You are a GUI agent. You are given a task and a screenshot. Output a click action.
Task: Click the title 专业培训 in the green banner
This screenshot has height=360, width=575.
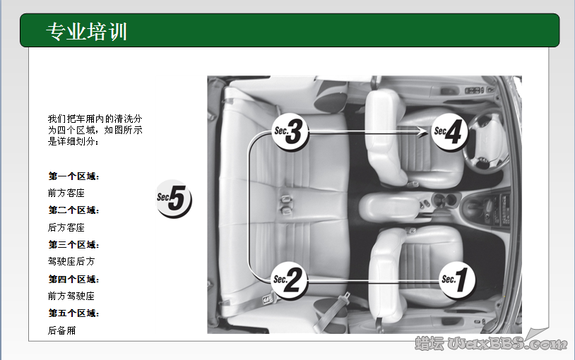click(x=86, y=31)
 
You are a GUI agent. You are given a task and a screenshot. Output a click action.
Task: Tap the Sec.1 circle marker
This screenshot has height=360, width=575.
click(x=457, y=280)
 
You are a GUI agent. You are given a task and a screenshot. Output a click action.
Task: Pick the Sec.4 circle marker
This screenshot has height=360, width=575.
click(x=450, y=131)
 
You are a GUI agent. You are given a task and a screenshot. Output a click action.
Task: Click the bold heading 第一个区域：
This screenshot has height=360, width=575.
click(x=73, y=176)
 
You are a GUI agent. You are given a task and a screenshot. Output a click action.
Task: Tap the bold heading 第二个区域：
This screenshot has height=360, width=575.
click(x=73, y=210)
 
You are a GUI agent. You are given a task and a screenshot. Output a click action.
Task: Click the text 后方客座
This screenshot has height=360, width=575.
click(x=66, y=227)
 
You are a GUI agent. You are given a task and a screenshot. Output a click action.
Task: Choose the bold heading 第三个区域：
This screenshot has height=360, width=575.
click(x=73, y=245)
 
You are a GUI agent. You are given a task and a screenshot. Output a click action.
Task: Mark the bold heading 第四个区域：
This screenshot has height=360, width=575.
click(x=73, y=280)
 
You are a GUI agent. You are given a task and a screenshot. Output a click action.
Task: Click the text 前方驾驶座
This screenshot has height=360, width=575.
click(x=71, y=296)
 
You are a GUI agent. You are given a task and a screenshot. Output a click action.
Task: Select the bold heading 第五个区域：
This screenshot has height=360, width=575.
click(x=73, y=313)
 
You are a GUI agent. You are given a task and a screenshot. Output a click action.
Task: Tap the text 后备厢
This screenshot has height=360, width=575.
click(x=61, y=330)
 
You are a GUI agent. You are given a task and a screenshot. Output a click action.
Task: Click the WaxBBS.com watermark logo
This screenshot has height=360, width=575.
click(x=491, y=343)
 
